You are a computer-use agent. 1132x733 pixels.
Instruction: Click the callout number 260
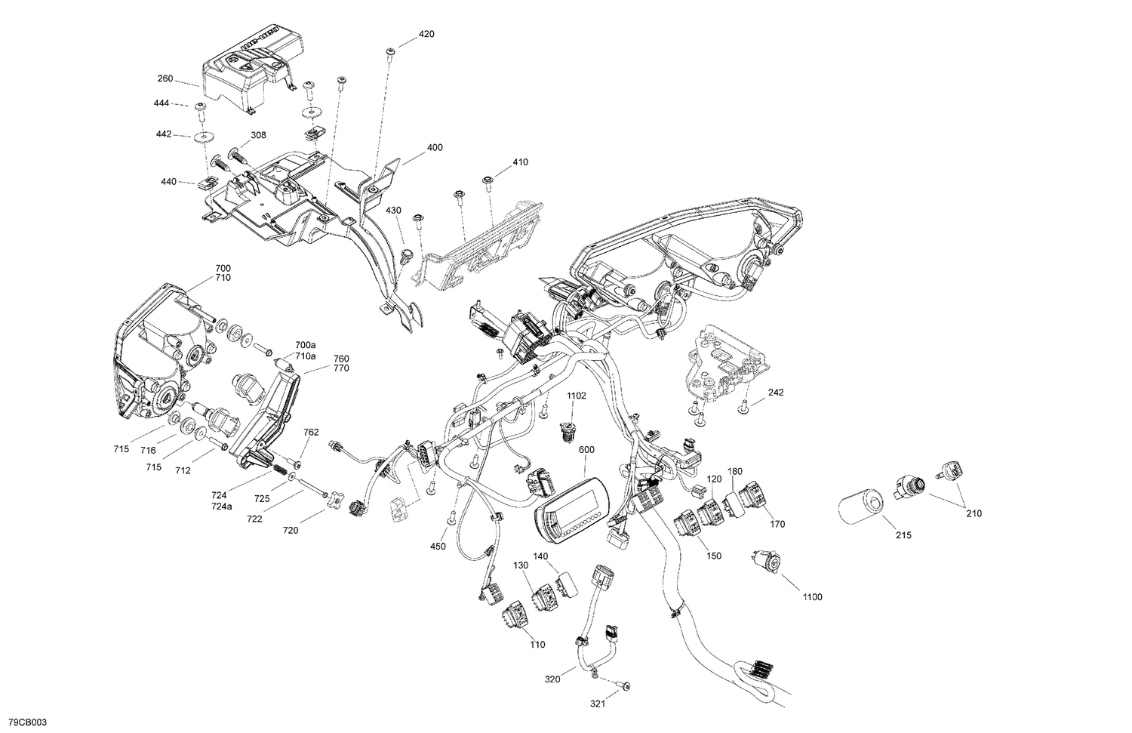click(x=165, y=79)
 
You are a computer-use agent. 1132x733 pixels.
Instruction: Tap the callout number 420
click(x=426, y=35)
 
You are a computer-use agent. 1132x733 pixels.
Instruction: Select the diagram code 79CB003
click(x=25, y=722)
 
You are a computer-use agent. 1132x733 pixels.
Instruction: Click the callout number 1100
click(x=812, y=597)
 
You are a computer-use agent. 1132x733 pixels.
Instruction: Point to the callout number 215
click(x=903, y=535)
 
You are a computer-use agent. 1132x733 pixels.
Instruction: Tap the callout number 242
click(x=776, y=393)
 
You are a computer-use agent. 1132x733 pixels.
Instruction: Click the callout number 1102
click(x=577, y=395)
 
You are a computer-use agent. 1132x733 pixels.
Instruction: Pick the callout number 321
click(x=598, y=704)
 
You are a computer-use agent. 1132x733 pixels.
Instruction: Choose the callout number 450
click(x=438, y=546)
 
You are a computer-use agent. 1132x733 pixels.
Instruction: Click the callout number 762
click(x=311, y=433)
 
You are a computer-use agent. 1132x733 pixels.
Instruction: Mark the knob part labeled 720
click(x=334, y=502)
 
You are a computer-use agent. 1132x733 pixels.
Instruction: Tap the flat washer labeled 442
click(x=203, y=138)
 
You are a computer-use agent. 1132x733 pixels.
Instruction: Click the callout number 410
click(x=520, y=162)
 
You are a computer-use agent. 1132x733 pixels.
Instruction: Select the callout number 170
click(x=777, y=524)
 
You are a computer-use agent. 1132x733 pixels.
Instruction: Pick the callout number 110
click(x=537, y=645)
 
